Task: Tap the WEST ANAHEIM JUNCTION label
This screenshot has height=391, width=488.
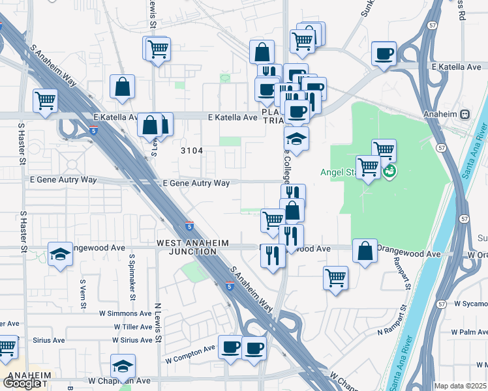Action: [x=193, y=247]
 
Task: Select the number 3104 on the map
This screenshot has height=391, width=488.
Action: [x=192, y=151]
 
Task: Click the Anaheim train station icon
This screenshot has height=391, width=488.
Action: [x=465, y=114]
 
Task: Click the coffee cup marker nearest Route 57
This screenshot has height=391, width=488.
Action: [x=384, y=53]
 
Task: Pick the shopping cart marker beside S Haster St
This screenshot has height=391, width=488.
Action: [x=46, y=100]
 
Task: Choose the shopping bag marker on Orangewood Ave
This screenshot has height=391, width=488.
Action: [x=365, y=251]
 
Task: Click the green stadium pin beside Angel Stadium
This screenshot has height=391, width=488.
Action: [x=390, y=172]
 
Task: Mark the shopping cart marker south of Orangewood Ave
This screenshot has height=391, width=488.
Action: [x=335, y=278]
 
